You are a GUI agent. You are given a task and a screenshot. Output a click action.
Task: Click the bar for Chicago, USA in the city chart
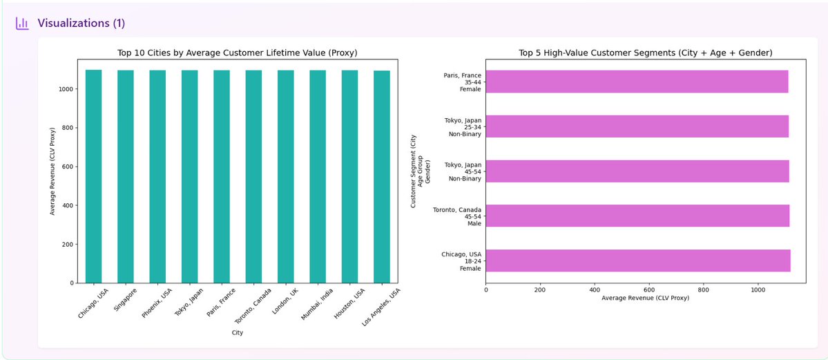[x=93, y=176]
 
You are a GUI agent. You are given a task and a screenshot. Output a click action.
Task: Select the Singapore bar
[x=126, y=176]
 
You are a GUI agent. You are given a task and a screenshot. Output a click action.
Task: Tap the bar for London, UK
[x=286, y=176]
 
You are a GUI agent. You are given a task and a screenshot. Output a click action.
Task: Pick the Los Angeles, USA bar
[x=382, y=176]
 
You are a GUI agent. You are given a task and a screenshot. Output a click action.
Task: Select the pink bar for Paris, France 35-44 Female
[x=637, y=82]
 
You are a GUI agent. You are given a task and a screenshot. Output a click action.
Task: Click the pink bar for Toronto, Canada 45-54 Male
[x=637, y=216]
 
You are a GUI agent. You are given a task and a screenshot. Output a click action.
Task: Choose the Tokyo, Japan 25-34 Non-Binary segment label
[x=463, y=126]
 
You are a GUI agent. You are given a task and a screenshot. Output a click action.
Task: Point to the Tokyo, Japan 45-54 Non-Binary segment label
[x=463, y=171]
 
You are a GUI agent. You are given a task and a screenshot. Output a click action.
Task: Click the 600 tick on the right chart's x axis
[x=649, y=290]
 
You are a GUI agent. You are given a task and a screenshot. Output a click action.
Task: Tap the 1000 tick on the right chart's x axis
[x=758, y=290]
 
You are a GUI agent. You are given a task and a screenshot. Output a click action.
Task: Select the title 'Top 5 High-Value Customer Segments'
[x=645, y=53]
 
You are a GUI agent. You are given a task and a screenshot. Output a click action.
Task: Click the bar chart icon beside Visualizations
[x=23, y=23]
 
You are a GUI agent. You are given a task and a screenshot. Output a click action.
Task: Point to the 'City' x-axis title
[x=238, y=333]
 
